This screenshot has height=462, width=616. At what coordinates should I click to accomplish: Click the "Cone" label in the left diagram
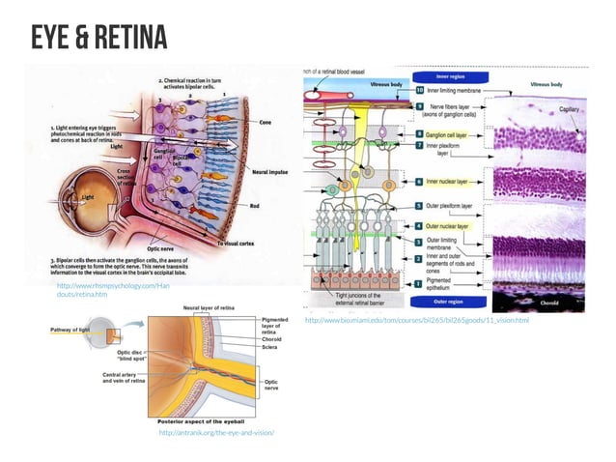266,123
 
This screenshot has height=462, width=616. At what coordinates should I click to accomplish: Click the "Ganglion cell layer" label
451,133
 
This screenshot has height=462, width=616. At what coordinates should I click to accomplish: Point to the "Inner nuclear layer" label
451,181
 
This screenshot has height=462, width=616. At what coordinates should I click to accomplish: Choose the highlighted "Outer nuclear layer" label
451,226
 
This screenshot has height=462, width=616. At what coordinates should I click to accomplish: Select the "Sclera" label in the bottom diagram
269,346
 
